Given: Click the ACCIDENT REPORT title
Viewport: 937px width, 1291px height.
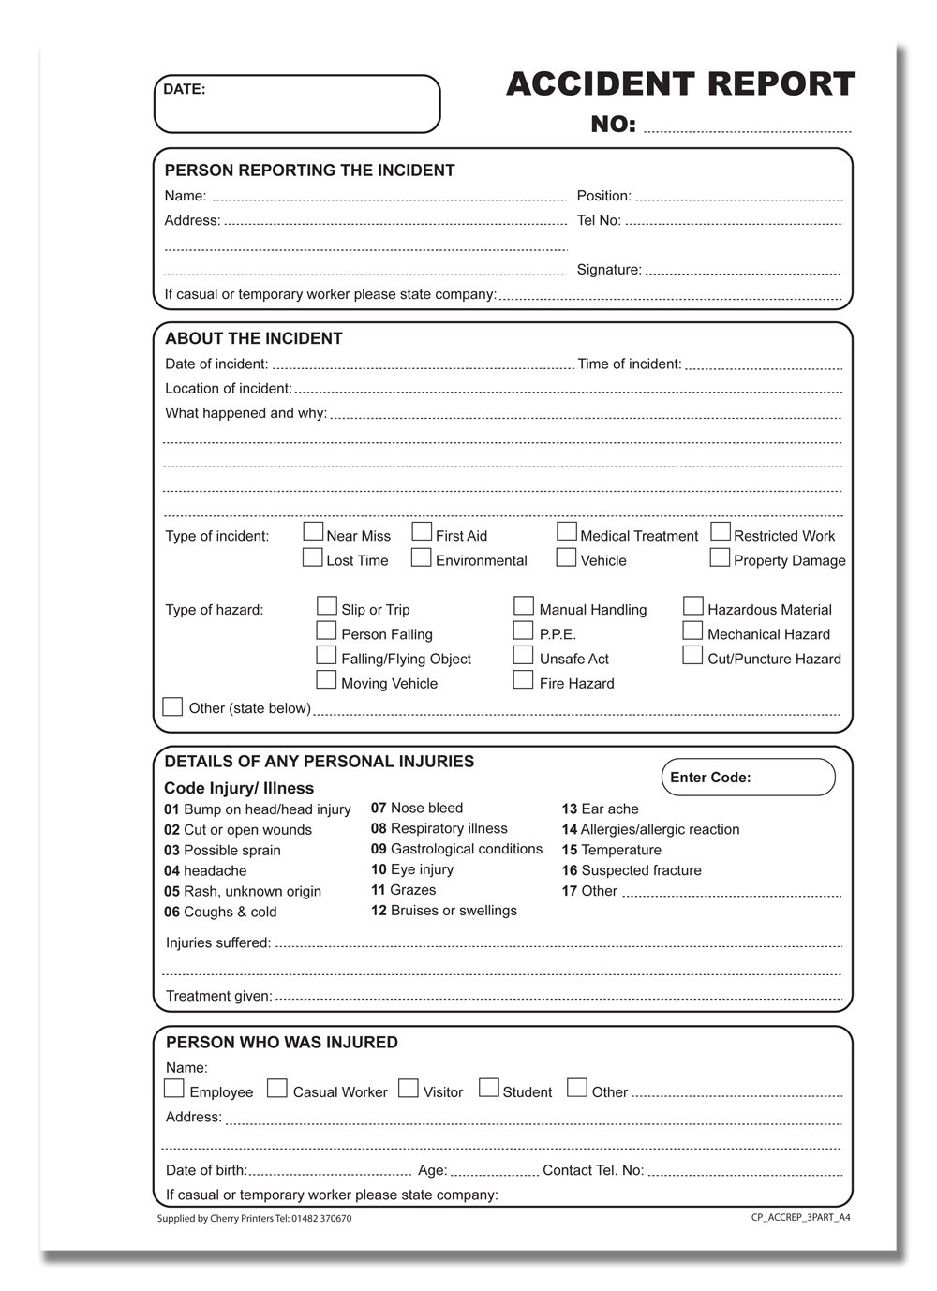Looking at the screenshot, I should [680, 84].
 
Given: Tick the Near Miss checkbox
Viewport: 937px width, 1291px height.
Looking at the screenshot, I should [313, 532].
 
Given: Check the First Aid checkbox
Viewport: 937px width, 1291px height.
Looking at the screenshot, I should [422, 532].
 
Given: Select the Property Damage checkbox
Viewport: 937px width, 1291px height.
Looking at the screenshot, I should [720, 557].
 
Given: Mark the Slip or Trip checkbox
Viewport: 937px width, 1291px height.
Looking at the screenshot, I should [326, 606].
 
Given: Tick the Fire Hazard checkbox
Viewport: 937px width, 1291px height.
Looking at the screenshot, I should [524, 680].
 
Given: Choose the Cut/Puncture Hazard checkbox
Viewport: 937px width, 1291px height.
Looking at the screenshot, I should [692, 656].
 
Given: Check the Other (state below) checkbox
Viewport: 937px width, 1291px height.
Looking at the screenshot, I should [172, 706].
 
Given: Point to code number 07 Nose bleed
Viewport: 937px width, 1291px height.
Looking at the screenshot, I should [417, 808].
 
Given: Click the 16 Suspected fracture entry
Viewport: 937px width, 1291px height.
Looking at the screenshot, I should [632, 870].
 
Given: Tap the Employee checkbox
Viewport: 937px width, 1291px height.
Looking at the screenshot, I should [174, 1089].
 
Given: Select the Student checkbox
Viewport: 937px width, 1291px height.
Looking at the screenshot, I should [489, 1088].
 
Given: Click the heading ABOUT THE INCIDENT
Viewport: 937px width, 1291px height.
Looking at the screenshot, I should [254, 339].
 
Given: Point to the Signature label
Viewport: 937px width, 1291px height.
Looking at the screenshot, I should [609, 270].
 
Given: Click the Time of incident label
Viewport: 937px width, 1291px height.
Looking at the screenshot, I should [630, 364].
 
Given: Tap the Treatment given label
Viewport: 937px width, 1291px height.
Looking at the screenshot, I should [219, 996].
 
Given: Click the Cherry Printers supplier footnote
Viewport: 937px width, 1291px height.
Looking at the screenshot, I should [255, 1218].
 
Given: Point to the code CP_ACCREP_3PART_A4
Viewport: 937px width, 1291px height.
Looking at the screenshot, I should [800, 1218].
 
